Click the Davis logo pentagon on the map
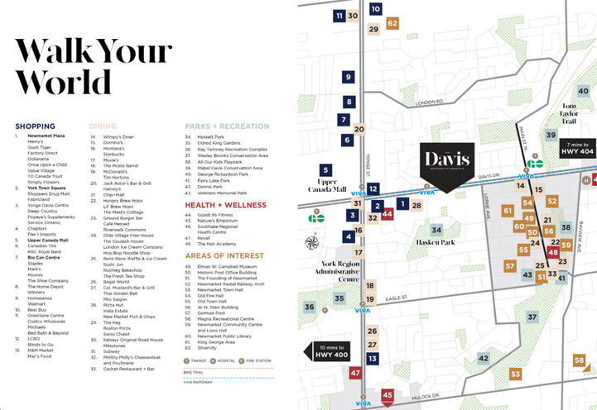tap(446, 164)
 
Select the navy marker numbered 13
tap(373, 359)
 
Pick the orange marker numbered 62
tap(392, 23)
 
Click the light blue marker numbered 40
tap(583, 91)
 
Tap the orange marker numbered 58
tap(579, 360)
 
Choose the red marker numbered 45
tap(388, 396)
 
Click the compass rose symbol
tap(312, 242)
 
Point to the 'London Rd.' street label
tap(430, 102)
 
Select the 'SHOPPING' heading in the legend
tap(35, 126)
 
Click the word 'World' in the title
tap(63, 83)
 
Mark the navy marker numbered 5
tap(325, 170)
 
